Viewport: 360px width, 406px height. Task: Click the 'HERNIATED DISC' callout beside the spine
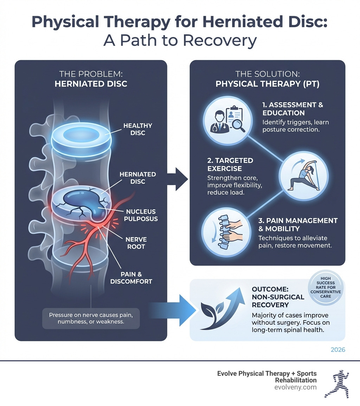(133, 178)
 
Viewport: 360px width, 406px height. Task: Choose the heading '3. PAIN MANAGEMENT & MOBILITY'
(298, 224)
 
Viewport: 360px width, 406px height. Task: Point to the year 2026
(338, 350)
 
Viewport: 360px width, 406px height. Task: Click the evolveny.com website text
(296, 387)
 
